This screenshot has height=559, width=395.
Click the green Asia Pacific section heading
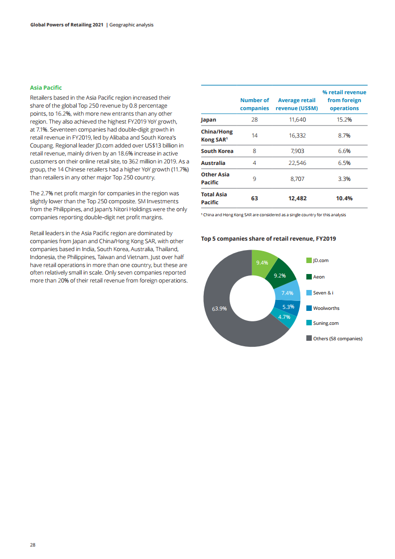46,88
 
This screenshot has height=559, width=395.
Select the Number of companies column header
255,104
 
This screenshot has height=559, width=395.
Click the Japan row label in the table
208,120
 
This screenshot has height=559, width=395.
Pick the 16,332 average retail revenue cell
297,136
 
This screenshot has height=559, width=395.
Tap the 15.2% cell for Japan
344,120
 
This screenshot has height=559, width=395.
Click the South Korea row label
217,151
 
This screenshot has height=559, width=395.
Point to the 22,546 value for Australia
297,163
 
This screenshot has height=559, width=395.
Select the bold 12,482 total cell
297,198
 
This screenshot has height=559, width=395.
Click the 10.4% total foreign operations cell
344,198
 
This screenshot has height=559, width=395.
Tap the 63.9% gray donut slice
219,308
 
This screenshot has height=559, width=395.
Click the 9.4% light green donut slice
262,263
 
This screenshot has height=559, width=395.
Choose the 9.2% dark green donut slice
280,275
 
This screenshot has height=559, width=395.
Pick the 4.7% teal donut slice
284,317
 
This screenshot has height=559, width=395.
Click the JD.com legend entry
320,261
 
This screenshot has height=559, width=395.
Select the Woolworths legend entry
326,308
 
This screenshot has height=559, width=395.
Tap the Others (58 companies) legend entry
337,339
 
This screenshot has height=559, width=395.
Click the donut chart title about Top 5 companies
268,239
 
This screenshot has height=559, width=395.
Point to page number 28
32,545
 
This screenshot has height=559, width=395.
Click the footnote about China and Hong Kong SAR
273,215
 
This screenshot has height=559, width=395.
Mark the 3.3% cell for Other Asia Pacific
344,178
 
